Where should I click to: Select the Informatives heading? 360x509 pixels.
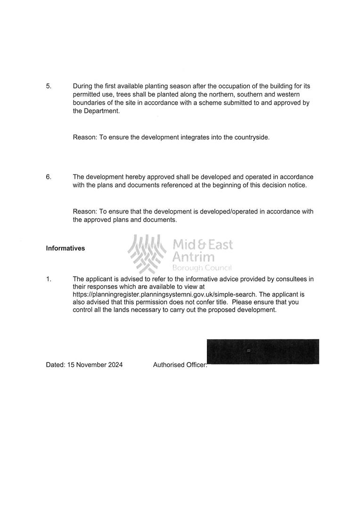pyautogui.click(x=65, y=248)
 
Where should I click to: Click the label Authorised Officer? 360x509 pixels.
pyautogui.click(x=180, y=365)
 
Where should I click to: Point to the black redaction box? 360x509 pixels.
pyautogui.click(x=263, y=352)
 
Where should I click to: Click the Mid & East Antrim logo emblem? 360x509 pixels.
pyautogui.click(x=147, y=254)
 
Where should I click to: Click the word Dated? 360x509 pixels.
pyautogui.click(x=55, y=365)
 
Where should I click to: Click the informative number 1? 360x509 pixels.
pyautogui.click(x=48, y=279)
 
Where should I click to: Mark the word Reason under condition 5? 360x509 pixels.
pyautogui.click(x=84, y=138)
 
